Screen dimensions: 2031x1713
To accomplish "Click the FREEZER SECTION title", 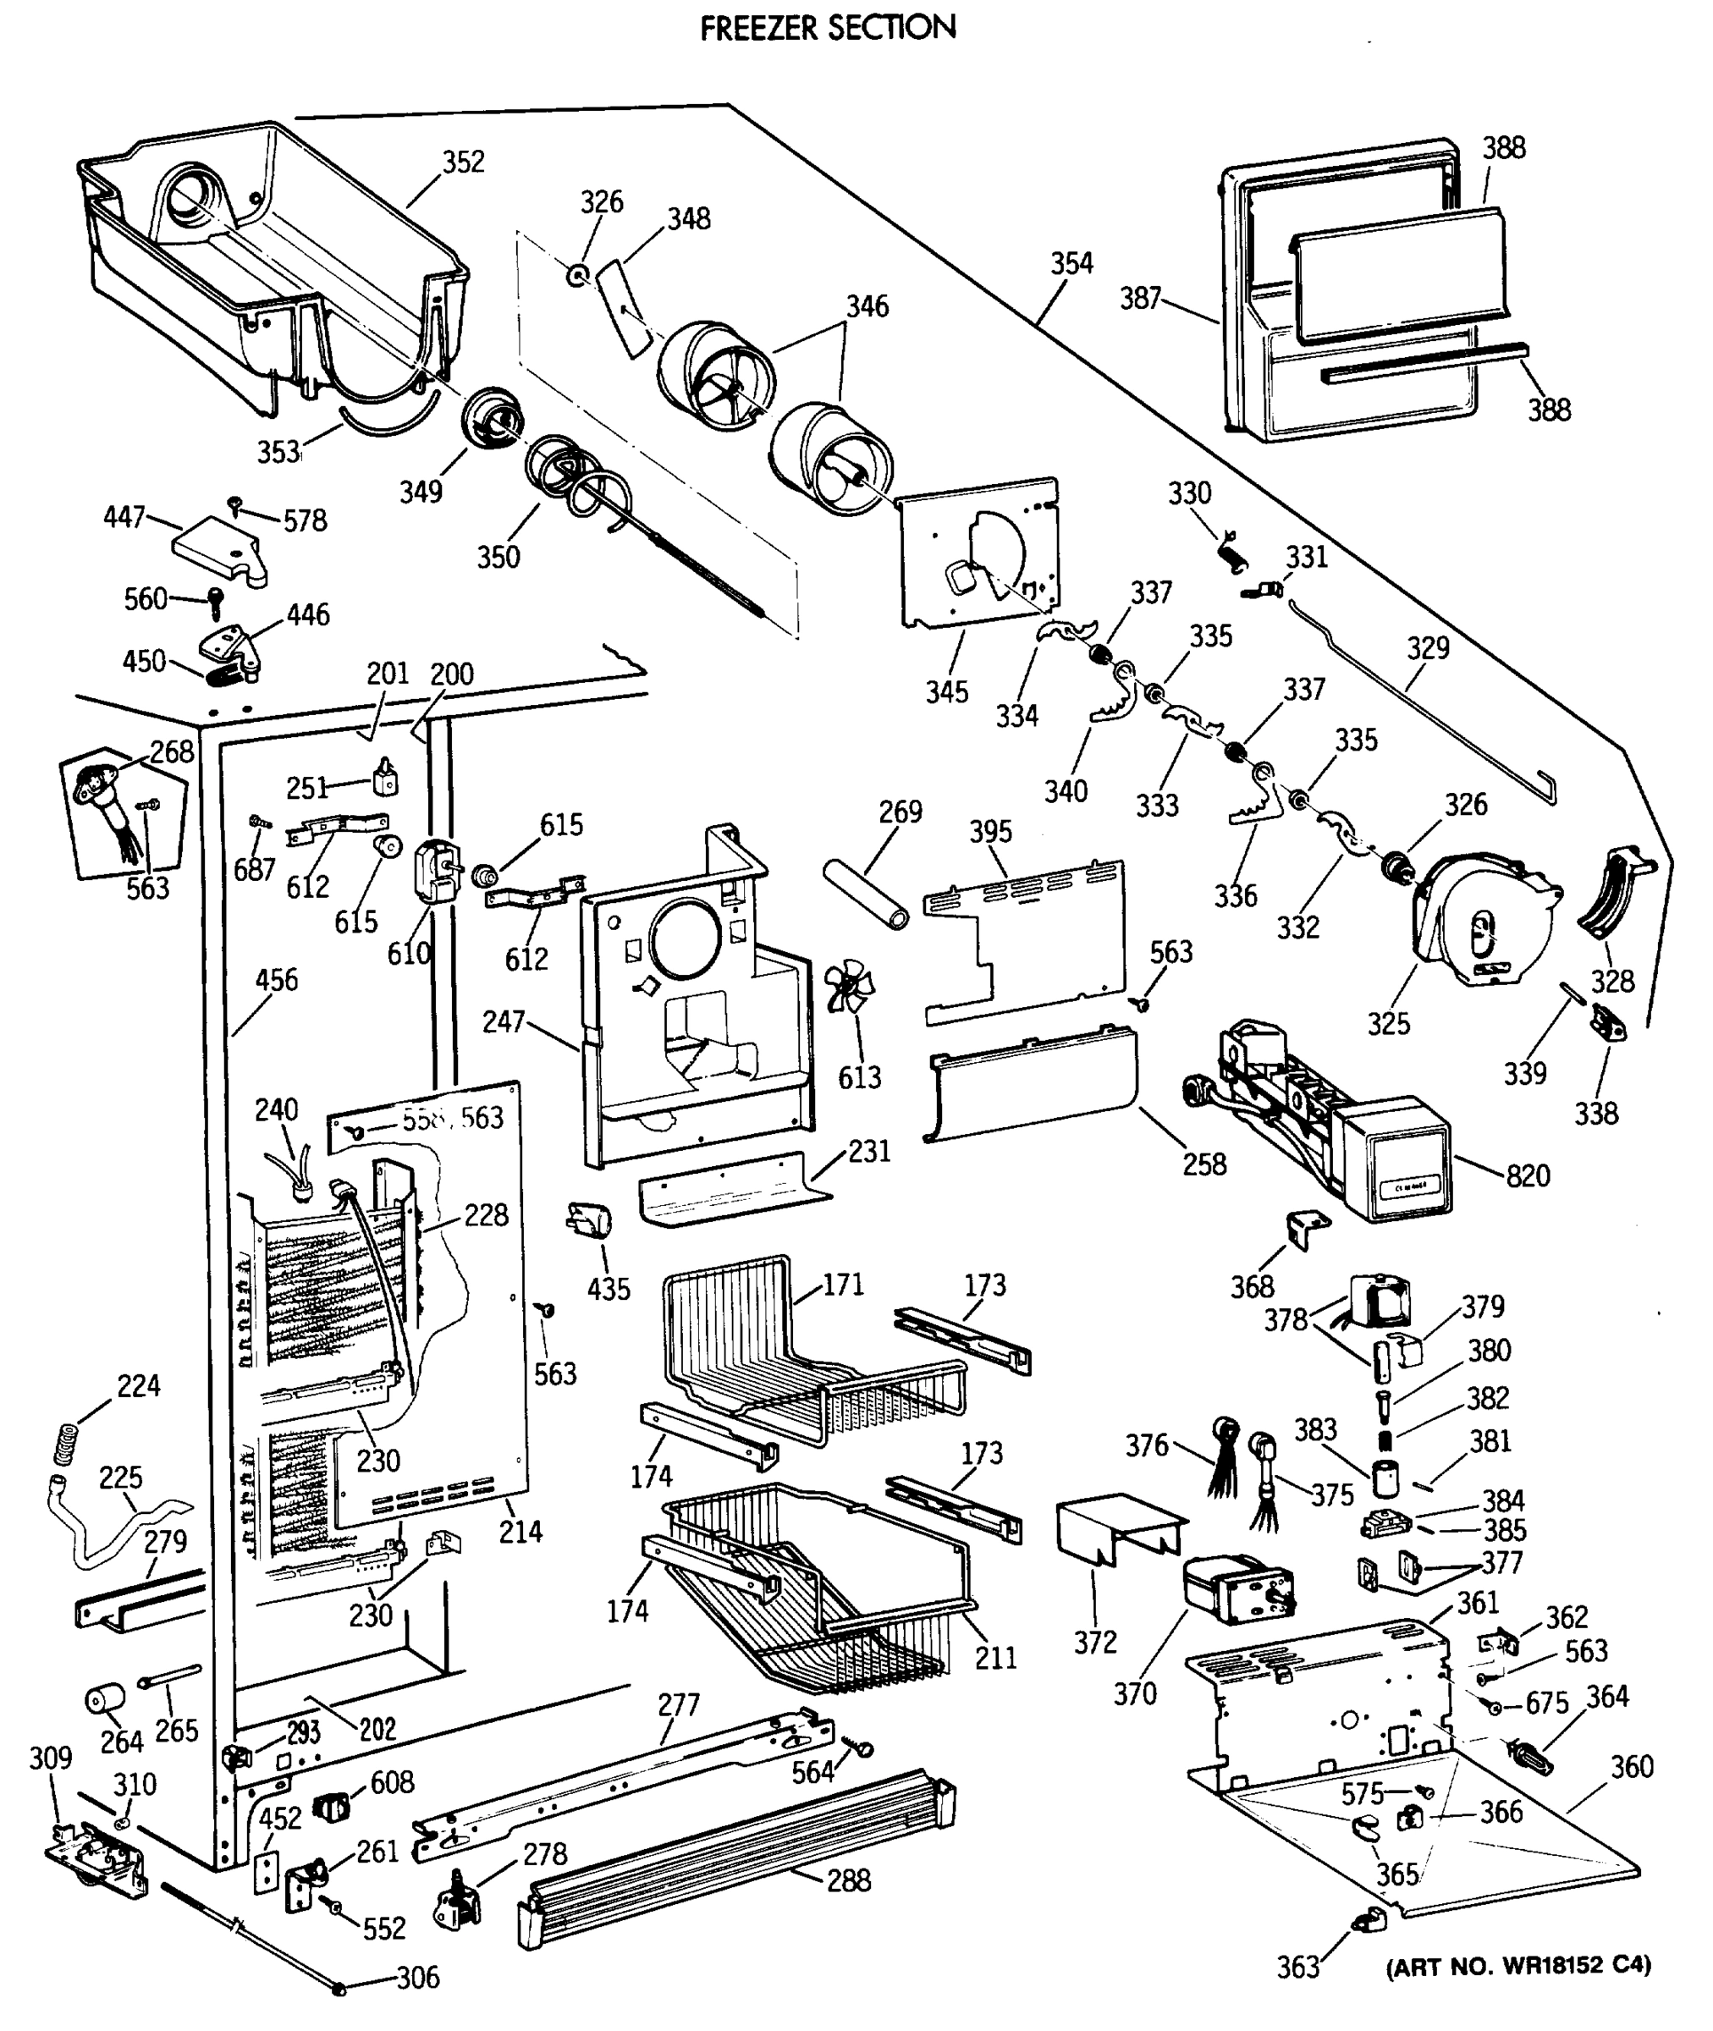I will (828, 27).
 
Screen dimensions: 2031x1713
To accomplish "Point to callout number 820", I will (1528, 1175).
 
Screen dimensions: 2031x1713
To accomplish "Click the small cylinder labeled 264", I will (106, 1701).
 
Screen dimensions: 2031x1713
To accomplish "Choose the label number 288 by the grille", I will (848, 1880).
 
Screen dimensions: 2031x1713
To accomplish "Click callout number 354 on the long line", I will (1071, 263).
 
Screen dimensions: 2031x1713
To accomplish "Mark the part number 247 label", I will (503, 1021).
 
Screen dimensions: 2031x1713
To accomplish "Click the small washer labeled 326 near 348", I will (578, 276).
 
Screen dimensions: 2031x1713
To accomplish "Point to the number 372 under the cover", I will (1095, 1643).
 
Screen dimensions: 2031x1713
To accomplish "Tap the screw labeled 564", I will (862, 1748).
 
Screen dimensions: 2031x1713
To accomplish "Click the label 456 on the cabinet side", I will (276, 980).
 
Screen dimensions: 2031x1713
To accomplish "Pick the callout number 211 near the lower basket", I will (995, 1657).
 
